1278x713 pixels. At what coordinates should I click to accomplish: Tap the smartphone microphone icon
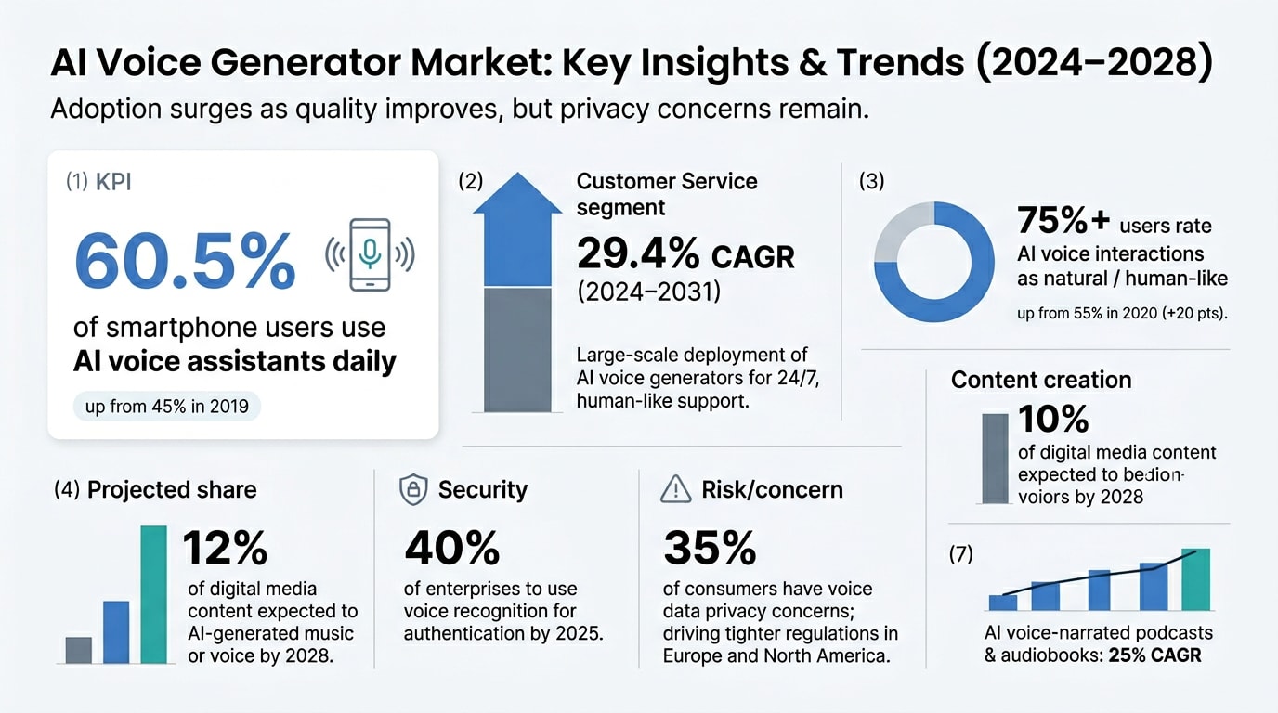369,252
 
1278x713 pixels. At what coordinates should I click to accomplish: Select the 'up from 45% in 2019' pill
167,406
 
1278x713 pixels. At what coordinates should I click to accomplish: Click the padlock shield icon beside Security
413,490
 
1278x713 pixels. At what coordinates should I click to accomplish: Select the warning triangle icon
676,489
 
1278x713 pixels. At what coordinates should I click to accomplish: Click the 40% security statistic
452,549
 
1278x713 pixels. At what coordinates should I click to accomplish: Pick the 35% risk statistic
710,549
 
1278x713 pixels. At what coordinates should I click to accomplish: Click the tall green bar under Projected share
153,594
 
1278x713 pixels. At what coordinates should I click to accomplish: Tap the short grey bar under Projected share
79,649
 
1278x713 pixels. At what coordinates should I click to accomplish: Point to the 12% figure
226,549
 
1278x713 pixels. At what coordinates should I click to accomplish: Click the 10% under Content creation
1053,420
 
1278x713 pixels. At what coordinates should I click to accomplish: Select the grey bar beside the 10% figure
995,458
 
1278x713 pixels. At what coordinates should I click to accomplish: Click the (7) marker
961,555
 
